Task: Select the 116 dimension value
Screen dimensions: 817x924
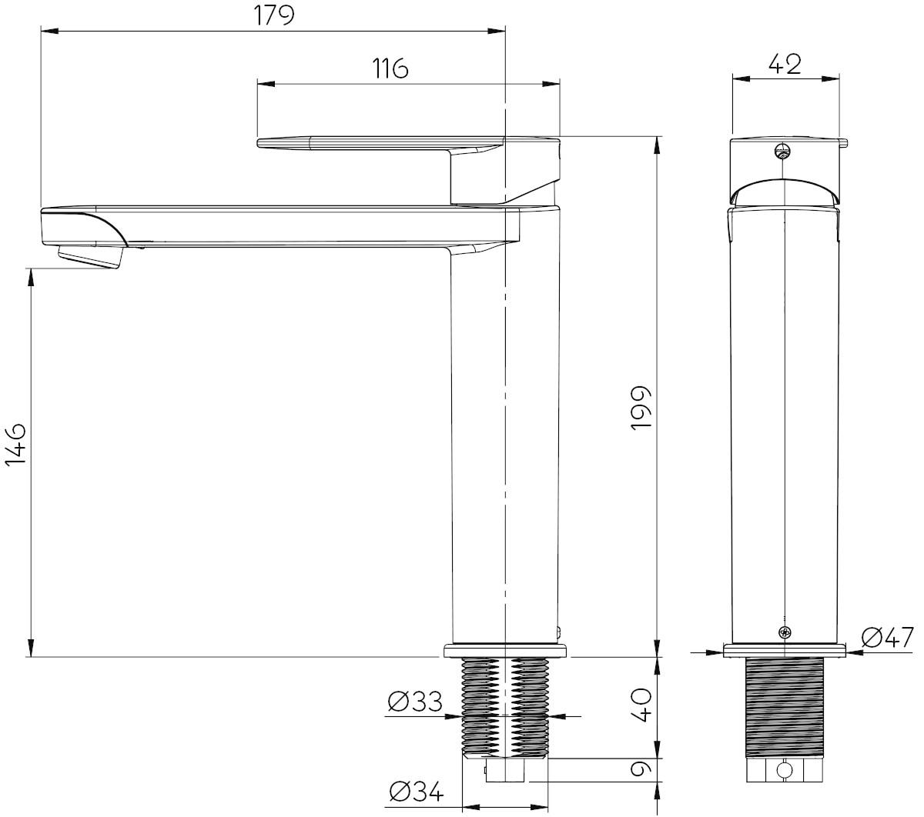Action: (x=390, y=69)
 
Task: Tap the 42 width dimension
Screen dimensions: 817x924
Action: (x=785, y=63)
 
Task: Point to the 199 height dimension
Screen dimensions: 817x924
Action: (x=641, y=408)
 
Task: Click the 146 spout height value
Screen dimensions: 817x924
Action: (x=16, y=443)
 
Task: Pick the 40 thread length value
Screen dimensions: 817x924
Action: (x=641, y=704)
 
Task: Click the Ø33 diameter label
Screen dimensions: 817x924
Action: (x=415, y=702)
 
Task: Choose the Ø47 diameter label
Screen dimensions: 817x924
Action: (x=887, y=638)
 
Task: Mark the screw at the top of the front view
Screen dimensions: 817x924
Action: (x=784, y=151)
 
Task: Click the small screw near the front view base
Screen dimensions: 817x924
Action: (x=784, y=632)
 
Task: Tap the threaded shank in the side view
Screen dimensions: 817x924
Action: (x=505, y=704)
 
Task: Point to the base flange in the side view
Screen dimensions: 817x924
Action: (x=505, y=651)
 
